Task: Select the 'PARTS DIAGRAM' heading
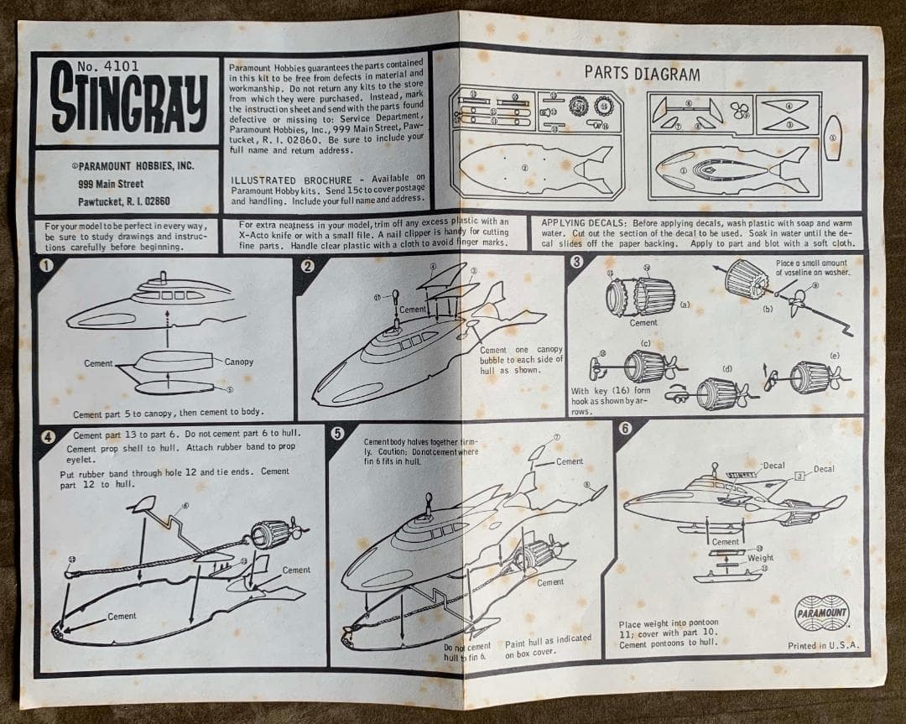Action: (x=642, y=74)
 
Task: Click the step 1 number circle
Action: (x=47, y=266)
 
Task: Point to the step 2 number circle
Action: (x=308, y=266)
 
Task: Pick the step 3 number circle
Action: (x=576, y=261)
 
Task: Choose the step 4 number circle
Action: (x=49, y=436)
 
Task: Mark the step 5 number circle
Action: (x=337, y=433)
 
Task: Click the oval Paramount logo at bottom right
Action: (x=822, y=614)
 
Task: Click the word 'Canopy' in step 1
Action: (x=238, y=362)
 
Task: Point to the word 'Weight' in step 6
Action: (x=760, y=558)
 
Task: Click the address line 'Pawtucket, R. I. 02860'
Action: (x=123, y=201)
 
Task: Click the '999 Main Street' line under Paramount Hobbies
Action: (x=111, y=184)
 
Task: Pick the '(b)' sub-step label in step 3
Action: (x=768, y=309)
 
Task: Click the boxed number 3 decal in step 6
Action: (x=799, y=477)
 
